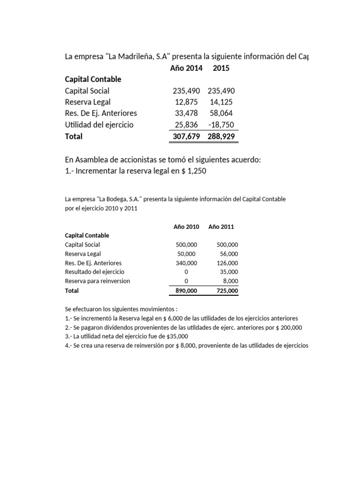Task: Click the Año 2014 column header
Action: click(x=186, y=68)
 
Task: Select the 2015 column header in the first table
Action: click(x=221, y=68)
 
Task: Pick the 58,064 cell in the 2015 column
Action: click(x=222, y=113)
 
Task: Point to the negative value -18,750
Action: click(x=221, y=125)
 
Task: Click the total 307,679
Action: click(x=186, y=136)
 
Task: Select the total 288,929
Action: click(x=221, y=136)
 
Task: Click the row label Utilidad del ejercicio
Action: click(x=99, y=125)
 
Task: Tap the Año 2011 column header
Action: click(x=221, y=227)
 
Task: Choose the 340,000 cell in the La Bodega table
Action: click(x=186, y=263)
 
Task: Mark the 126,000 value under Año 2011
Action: click(x=227, y=263)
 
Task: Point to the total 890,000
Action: click(x=186, y=291)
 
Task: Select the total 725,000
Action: click(x=227, y=291)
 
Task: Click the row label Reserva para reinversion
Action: click(x=97, y=281)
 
